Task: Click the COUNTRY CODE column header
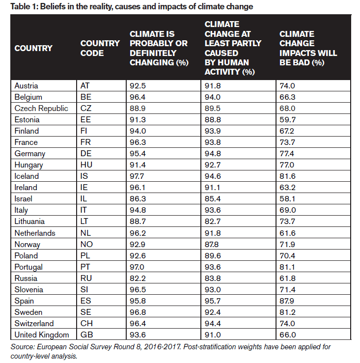100,48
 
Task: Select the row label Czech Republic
41,109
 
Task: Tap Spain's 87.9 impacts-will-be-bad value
287,301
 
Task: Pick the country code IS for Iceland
84,176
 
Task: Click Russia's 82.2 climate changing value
138,279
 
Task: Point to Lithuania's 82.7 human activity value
213,222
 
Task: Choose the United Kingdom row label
42,335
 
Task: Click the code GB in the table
86,335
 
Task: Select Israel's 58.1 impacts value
287,199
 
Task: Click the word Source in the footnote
23,347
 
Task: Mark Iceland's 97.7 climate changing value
137,176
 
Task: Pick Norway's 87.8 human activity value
212,245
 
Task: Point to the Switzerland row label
34,323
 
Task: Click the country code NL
85,233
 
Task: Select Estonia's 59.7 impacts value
287,120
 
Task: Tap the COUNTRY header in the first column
33,48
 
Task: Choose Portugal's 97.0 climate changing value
137,267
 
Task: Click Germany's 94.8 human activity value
213,154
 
